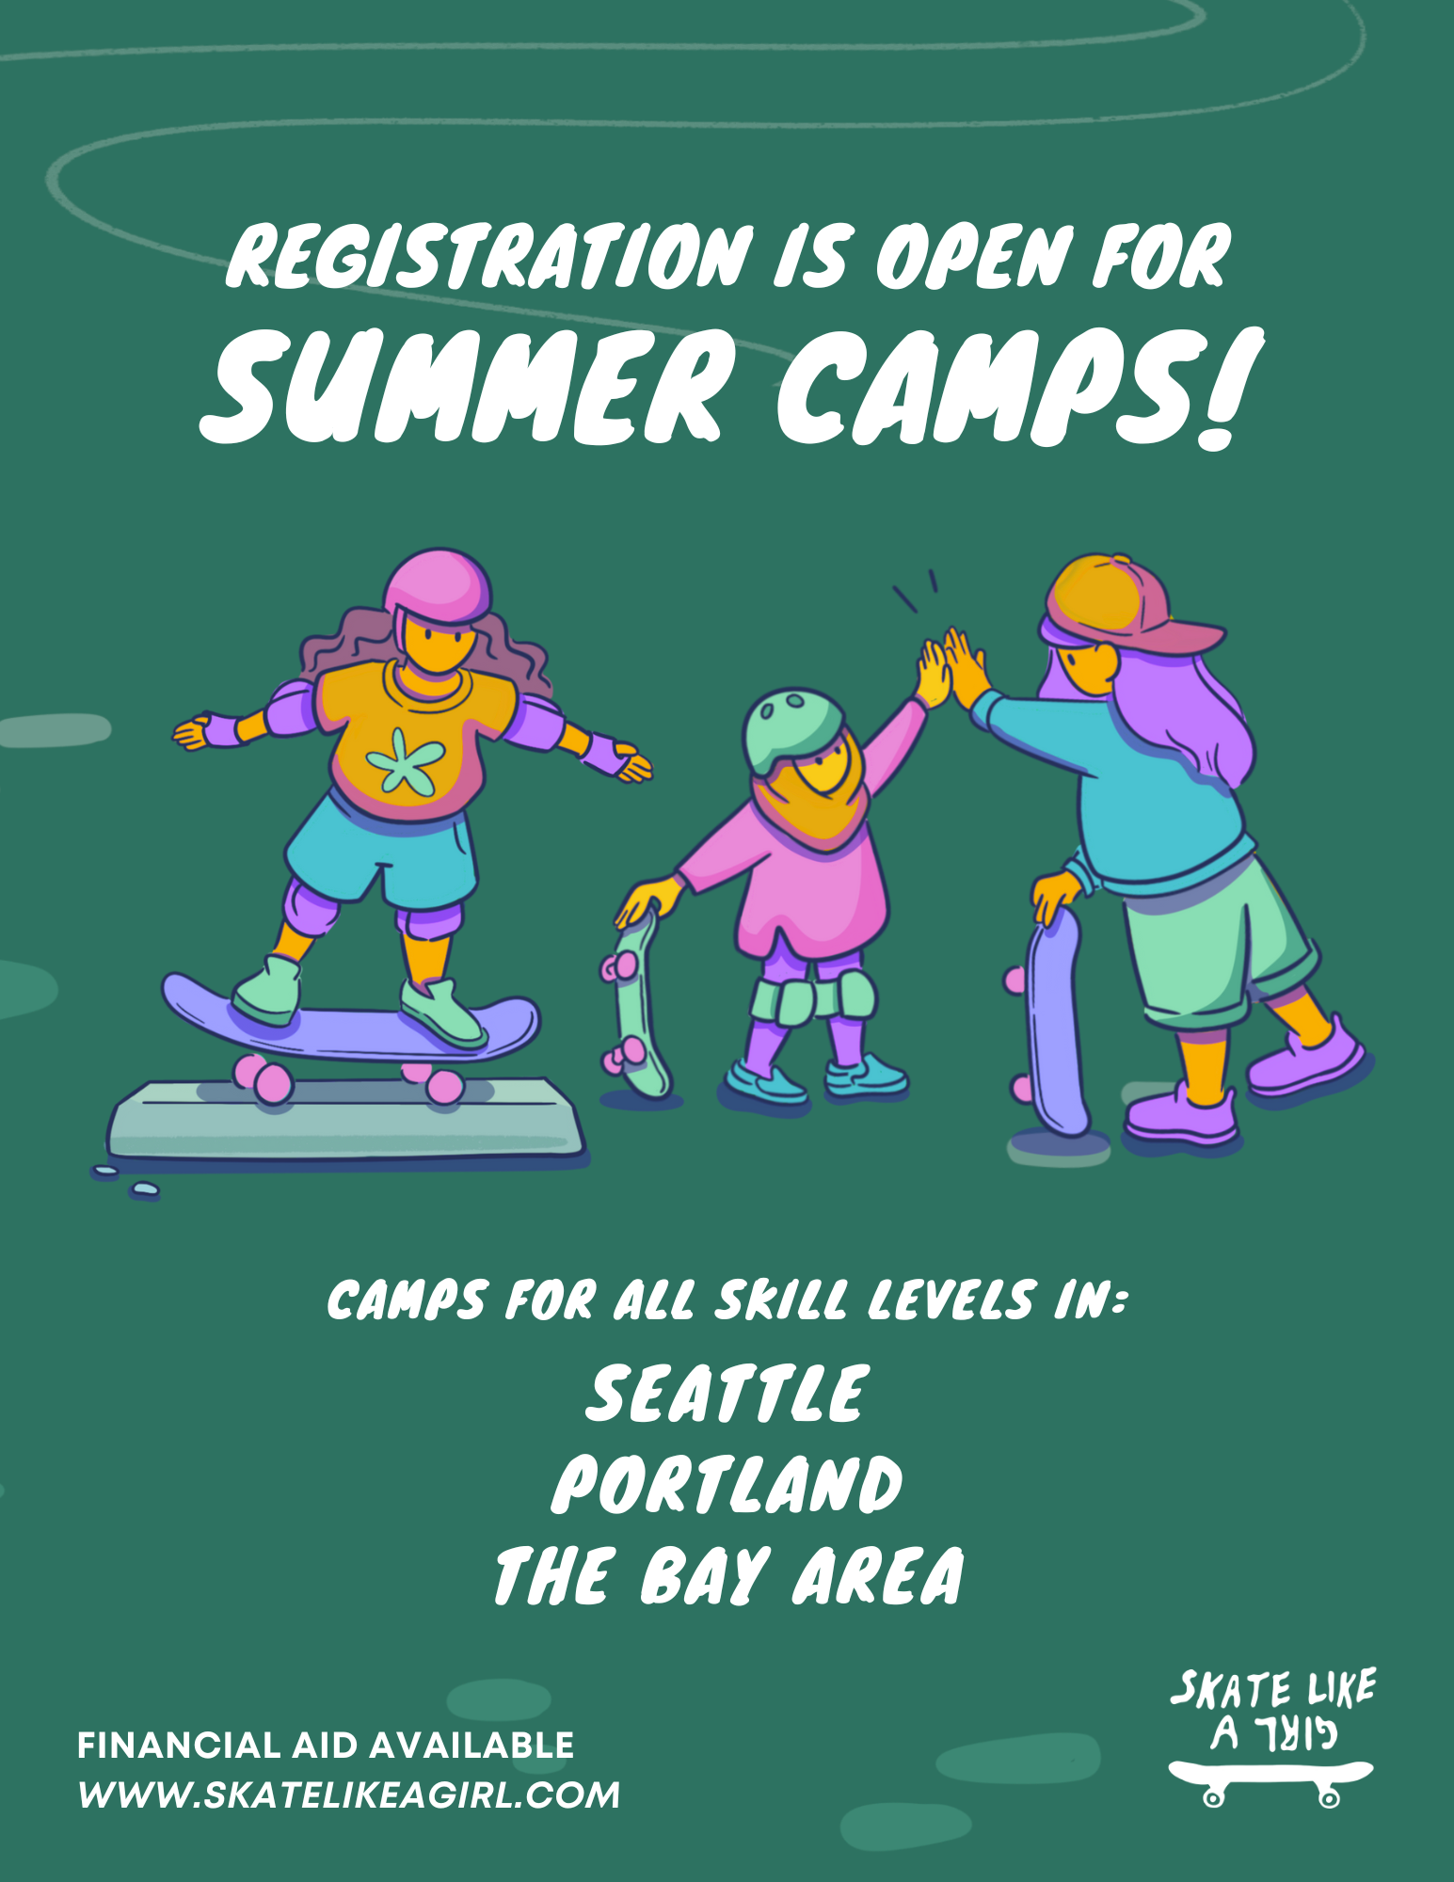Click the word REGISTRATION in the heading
point(489,255)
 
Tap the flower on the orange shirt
point(406,760)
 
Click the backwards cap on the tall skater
point(1125,602)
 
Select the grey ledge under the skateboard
point(344,1121)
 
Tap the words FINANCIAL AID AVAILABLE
point(326,1746)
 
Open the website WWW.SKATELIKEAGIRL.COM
point(349,1795)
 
